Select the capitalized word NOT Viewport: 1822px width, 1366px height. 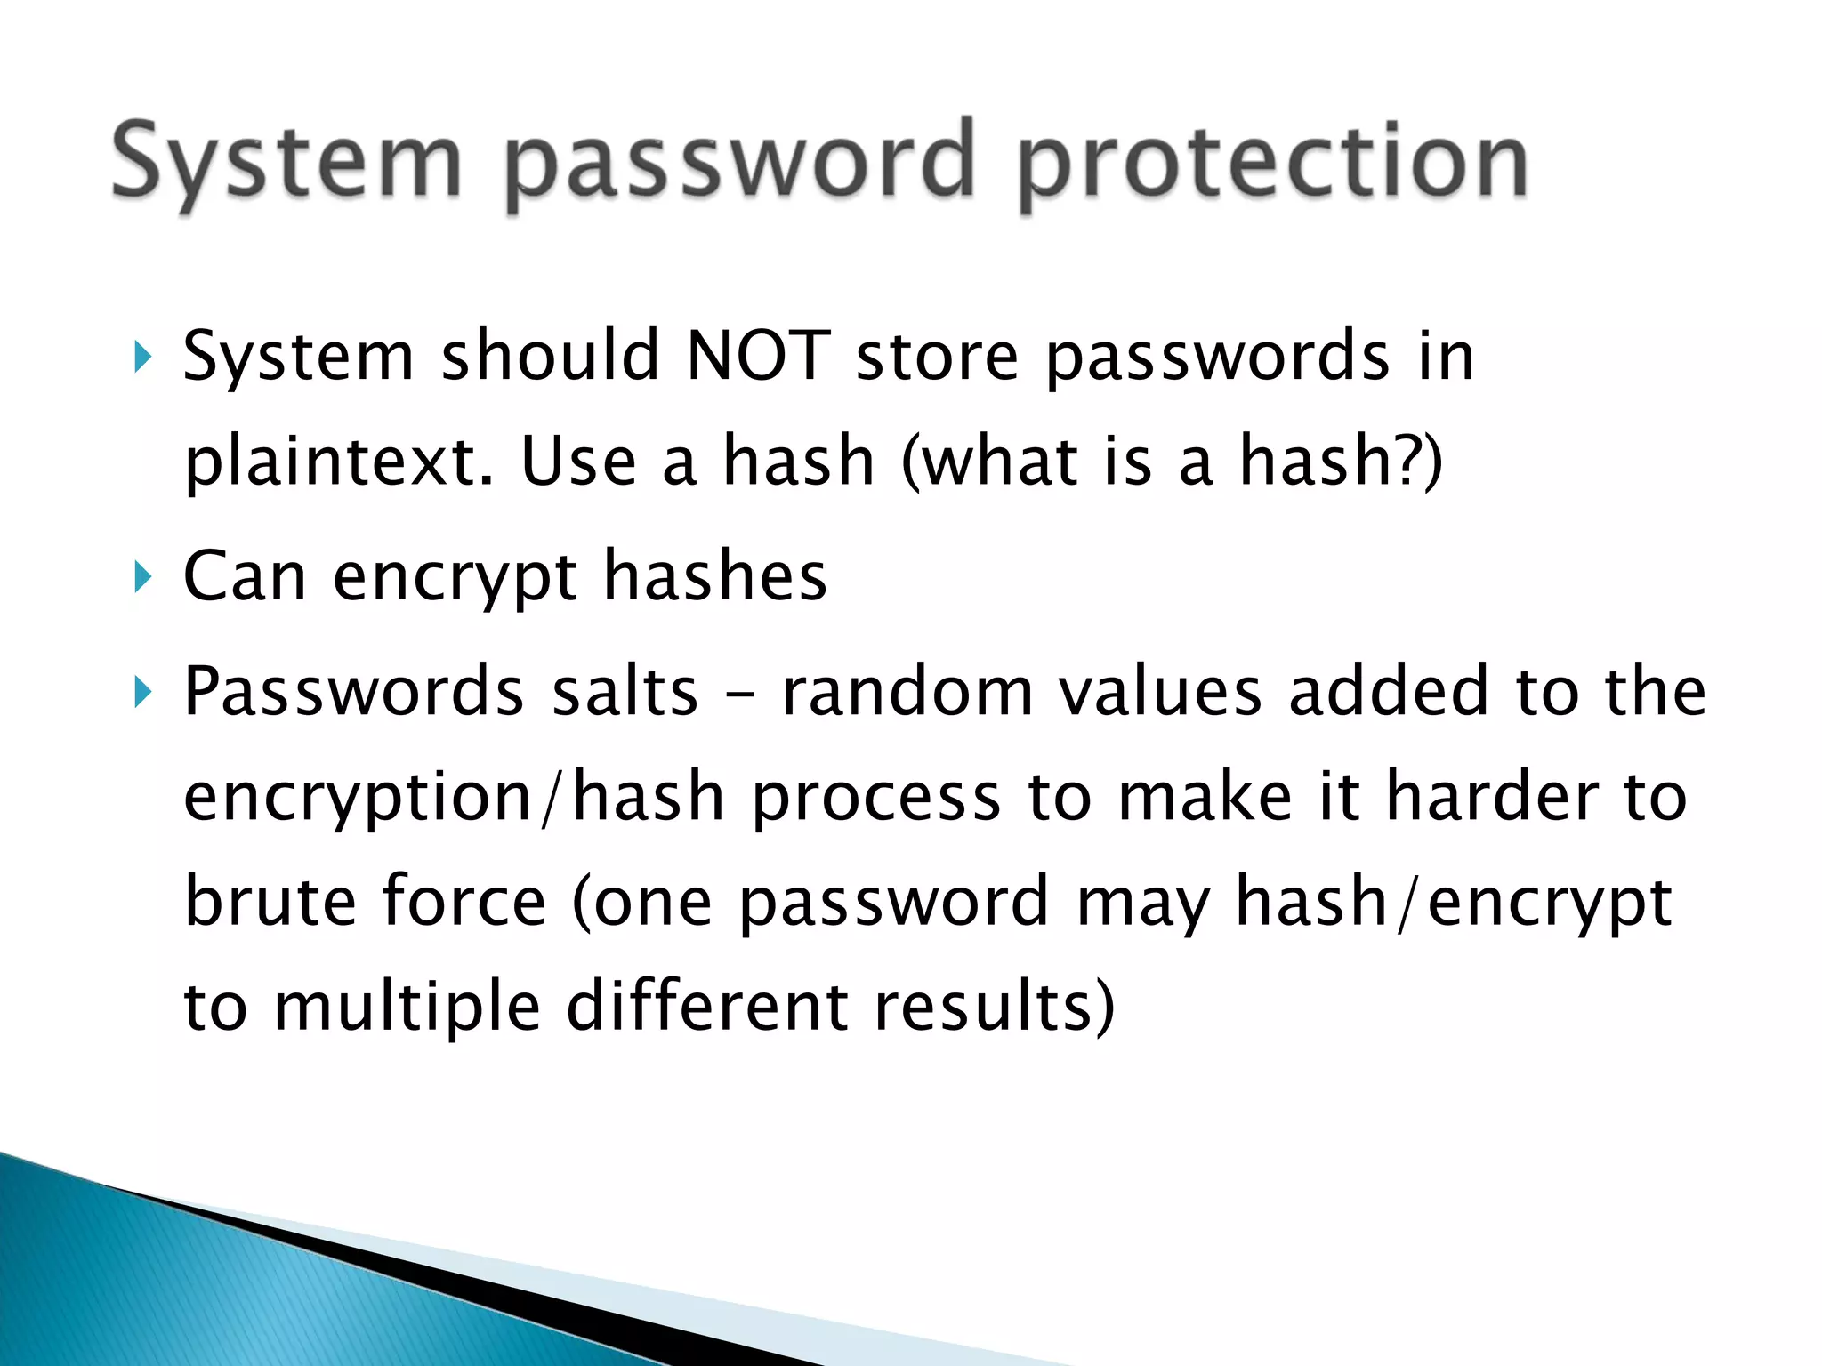(758, 356)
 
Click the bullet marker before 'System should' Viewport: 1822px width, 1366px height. (142, 358)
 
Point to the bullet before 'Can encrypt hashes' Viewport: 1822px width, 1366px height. (142, 577)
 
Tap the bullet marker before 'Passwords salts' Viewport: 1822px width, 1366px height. (142, 692)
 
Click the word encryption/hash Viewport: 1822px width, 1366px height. (454, 798)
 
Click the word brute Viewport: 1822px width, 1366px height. (270, 902)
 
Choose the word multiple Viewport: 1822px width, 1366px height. (407, 1008)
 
